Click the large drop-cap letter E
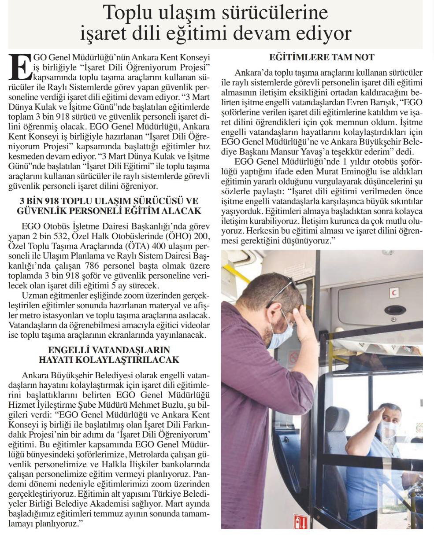pos(20,66)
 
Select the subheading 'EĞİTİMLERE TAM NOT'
pos(322,57)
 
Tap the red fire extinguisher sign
pos(302,522)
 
